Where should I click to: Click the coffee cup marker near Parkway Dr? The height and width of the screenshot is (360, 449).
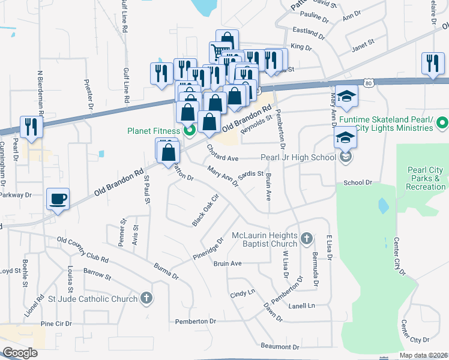pyautogui.click(x=58, y=199)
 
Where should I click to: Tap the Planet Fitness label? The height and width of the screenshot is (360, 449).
pyautogui.click(x=152, y=131)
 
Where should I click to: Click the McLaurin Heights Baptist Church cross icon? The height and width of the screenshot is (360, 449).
pyautogui.click(x=306, y=238)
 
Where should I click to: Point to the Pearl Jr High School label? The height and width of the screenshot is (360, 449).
pyautogui.click(x=298, y=158)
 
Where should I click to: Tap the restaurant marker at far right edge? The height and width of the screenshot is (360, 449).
pyautogui.click(x=433, y=64)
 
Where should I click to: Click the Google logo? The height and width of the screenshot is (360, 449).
pyautogui.click(x=20, y=353)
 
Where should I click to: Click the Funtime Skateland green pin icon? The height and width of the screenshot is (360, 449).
pyautogui.click(x=442, y=123)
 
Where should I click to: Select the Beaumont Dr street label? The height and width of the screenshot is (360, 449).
pyautogui.click(x=280, y=347)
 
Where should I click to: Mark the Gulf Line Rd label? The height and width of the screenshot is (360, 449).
pyautogui.click(x=125, y=17)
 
